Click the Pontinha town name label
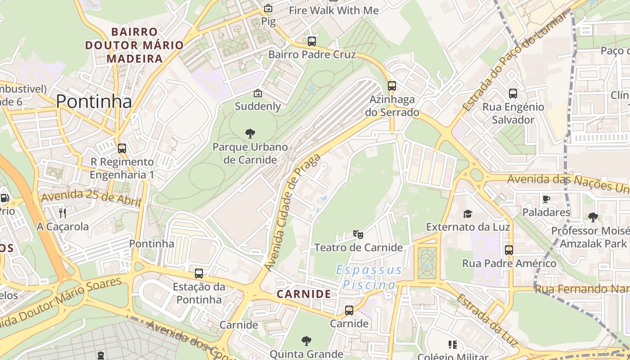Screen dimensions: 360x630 click(x=94, y=102)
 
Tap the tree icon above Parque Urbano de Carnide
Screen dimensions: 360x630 click(x=250, y=134)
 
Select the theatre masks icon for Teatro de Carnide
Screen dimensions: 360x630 click(x=358, y=234)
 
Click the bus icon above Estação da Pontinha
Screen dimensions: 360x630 click(x=198, y=273)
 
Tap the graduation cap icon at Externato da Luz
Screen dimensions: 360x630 click(x=468, y=214)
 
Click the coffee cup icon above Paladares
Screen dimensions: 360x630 click(x=546, y=199)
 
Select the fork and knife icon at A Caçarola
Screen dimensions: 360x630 click(x=63, y=213)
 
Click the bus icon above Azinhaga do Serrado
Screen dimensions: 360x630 click(x=392, y=86)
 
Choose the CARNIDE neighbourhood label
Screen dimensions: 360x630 click(x=304, y=294)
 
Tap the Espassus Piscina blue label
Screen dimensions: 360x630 click(x=369, y=277)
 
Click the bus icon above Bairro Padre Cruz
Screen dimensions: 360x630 click(x=312, y=41)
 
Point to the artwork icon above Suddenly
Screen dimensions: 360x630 click(x=258, y=93)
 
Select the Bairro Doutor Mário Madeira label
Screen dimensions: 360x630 click(x=135, y=45)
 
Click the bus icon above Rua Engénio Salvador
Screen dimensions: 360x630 click(x=513, y=94)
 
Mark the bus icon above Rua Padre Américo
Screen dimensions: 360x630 click(x=509, y=250)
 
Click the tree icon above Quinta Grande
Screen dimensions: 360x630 click(x=306, y=341)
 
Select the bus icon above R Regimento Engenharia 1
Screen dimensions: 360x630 click(x=121, y=148)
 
